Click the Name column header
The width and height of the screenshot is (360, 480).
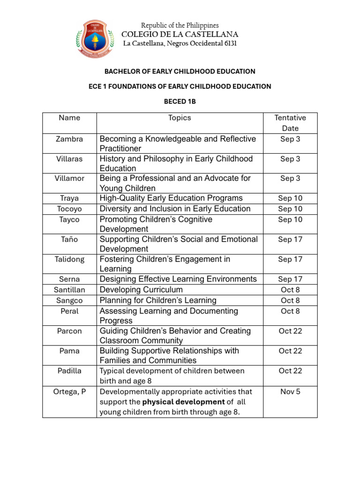click(69, 118)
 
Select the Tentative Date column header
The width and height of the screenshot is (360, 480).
click(290, 123)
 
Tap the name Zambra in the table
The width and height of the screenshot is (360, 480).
click(69, 139)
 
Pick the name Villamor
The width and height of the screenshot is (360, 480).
click(69, 179)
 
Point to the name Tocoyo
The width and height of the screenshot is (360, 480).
click(69, 209)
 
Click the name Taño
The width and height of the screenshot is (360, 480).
click(69, 240)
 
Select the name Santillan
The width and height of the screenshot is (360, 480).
click(69, 290)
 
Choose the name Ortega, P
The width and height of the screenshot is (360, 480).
click(69, 391)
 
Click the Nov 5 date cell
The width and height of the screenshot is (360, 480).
click(290, 391)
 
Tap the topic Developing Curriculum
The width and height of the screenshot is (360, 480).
click(141, 290)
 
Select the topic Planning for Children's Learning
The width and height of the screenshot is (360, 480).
click(158, 300)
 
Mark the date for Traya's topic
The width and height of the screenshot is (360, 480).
click(290, 198)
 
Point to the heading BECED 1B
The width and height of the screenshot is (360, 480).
click(180, 101)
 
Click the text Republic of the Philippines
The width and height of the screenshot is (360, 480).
click(180, 25)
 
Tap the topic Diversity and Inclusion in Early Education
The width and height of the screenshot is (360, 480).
click(175, 209)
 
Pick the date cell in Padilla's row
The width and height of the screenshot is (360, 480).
click(290, 371)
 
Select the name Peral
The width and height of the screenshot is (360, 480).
click(69, 311)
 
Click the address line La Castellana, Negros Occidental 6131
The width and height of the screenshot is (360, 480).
click(180, 44)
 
